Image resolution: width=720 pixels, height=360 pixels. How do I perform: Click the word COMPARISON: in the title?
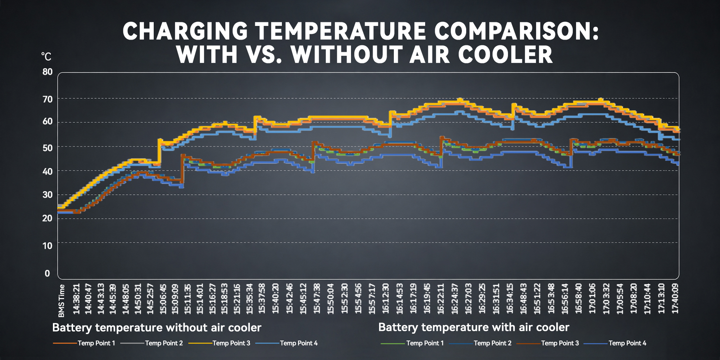(x=517, y=31)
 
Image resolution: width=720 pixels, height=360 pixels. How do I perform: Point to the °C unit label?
(x=46, y=57)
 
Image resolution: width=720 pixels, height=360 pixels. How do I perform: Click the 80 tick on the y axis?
(x=48, y=72)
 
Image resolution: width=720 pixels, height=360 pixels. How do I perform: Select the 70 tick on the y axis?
(x=48, y=99)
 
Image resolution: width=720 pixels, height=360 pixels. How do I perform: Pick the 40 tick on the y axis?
(x=48, y=171)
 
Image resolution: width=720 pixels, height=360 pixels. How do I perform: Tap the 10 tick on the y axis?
(x=48, y=246)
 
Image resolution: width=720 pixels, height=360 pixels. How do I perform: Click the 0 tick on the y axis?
(x=47, y=274)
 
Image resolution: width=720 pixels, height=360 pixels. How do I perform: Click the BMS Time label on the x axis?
(x=62, y=301)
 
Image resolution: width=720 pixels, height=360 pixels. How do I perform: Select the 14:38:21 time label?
(x=76, y=299)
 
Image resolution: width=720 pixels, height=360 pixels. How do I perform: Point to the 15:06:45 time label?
(x=163, y=299)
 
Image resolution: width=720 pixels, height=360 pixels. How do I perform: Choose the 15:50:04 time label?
(x=330, y=299)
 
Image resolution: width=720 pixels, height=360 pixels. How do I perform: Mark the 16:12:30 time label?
(x=386, y=299)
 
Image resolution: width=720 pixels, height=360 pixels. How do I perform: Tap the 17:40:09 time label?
(x=675, y=299)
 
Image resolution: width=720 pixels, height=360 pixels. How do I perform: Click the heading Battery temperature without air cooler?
(x=157, y=328)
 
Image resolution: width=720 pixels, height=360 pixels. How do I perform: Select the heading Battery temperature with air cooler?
(x=474, y=327)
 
